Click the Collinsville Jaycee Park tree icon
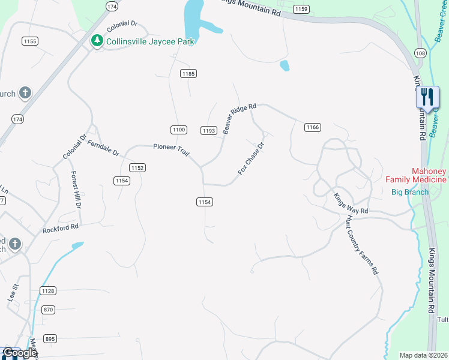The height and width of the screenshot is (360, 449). (97, 41)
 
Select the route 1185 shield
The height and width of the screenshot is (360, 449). (188, 74)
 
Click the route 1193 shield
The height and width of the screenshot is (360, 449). (208, 130)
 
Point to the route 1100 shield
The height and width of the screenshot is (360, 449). (178, 130)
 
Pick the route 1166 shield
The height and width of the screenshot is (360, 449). (312, 127)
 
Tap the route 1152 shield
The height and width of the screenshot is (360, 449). (137, 169)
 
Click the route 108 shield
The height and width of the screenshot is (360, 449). (420, 54)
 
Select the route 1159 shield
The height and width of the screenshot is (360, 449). (301, 8)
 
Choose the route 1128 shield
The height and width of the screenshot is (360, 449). (48, 290)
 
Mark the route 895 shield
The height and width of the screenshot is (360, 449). (50, 338)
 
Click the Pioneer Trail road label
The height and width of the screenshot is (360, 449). (171, 150)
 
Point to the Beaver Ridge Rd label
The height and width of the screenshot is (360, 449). (239, 118)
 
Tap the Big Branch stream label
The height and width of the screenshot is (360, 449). (410, 192)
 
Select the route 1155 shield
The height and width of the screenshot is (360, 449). (29, 41)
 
